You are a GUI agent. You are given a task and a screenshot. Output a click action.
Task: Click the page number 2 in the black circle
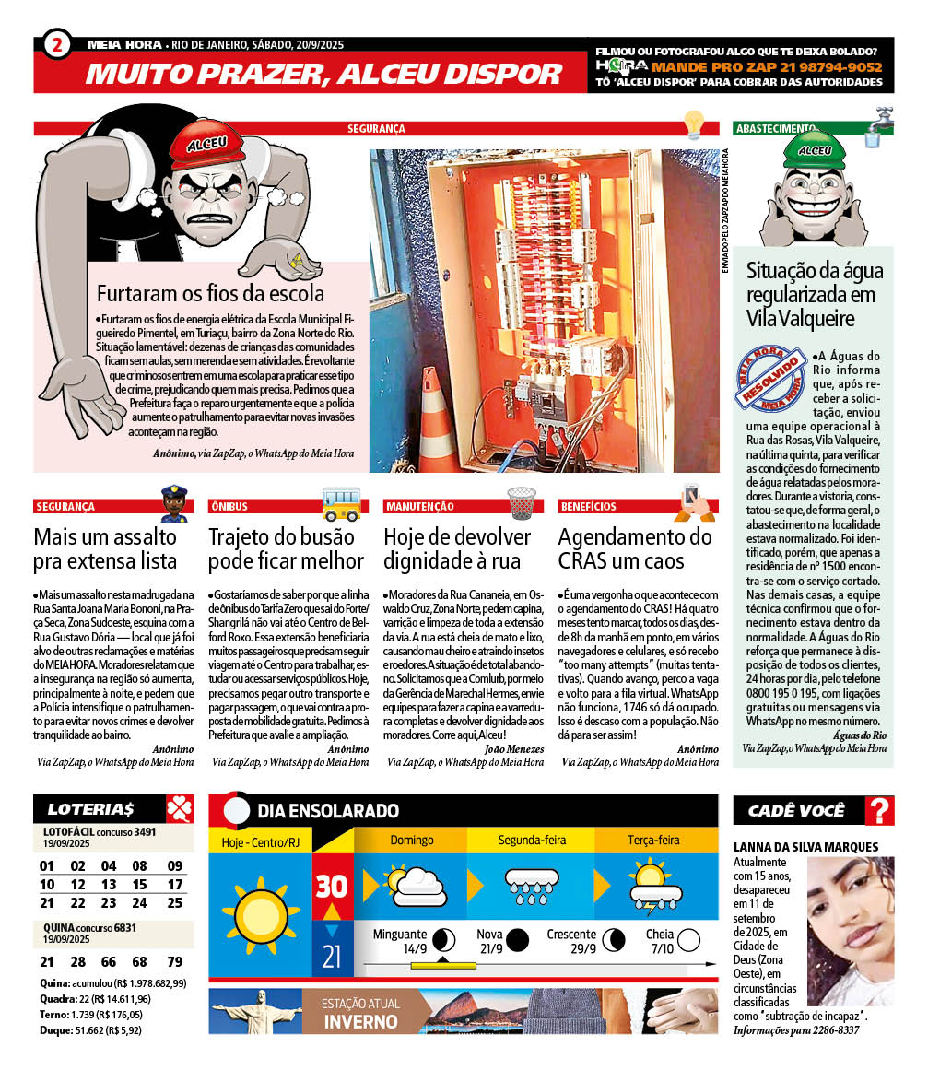(x=57, y=44)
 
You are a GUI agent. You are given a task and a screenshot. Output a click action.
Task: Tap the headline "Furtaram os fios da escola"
(x=210, y=294)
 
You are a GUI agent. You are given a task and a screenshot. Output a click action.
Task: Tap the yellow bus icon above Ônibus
(x=341, y=503)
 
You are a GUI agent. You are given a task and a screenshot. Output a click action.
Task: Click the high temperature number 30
(x=332, y=886)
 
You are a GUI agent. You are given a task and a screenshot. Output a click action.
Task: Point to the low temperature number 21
(x=332, y=956)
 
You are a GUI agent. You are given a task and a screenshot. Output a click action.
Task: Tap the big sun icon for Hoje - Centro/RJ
(x=261, y=918)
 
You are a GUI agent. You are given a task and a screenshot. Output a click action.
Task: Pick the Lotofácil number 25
(x=174, y=903)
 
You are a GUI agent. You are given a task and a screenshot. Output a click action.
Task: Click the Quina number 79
(x=174, y=961)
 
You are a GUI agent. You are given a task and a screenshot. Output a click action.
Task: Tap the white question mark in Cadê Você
(x=880, y=811)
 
